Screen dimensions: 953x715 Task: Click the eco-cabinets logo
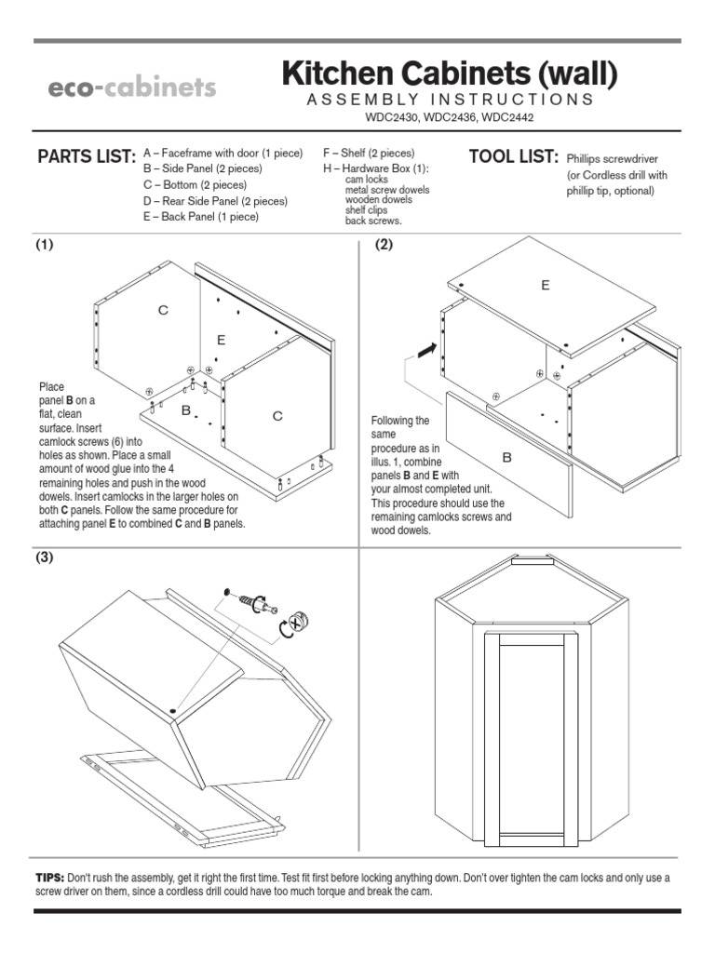click(x=132, y=88)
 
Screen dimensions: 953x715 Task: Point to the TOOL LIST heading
click(x=513, y=156)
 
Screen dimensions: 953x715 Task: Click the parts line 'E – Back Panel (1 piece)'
click(x=200, y=216)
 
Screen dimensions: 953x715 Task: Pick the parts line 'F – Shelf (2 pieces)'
click(x=369, y=153)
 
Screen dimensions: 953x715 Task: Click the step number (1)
click(x=45, y=245)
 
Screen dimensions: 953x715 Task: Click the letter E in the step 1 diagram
click(x=222, y=340)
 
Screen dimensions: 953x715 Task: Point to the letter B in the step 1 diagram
click(x=185, y=409)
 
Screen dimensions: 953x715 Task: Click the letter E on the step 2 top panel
click(x=546, y=286)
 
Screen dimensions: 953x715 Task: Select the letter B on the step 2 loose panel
click(x=507, y=457)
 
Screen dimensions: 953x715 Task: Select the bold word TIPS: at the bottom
click(x=49, y=878)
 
